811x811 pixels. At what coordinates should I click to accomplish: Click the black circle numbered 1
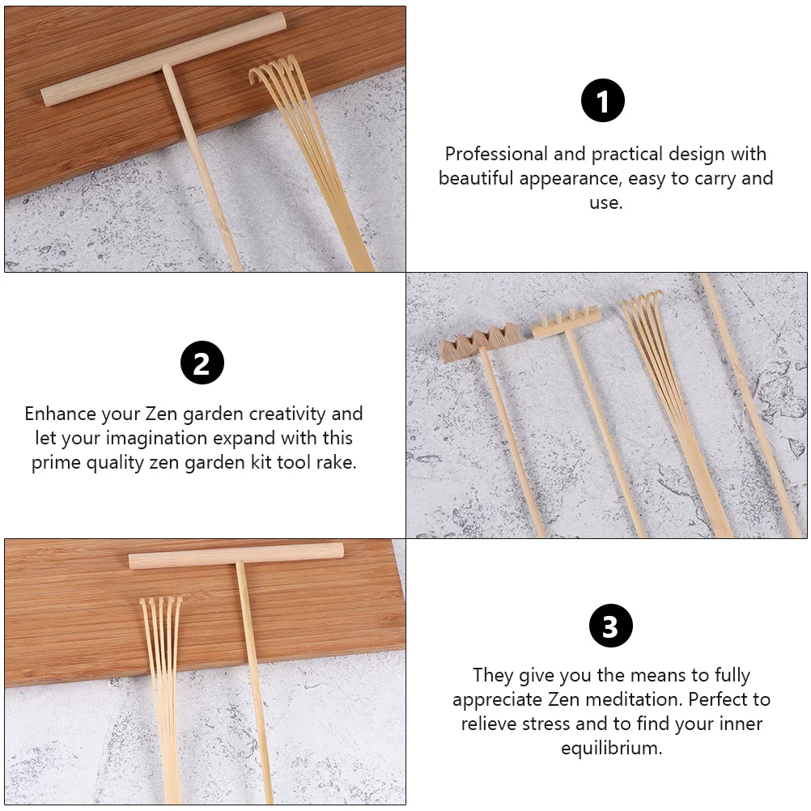pyautogui.click(x=602, y=100)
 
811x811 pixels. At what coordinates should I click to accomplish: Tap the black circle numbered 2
pyautogui.click(x=202, y=363)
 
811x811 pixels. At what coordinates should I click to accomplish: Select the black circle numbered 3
pyautogui.click(x=611, y=626)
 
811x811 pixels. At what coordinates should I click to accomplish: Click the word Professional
pyautogui.click(x=496, y=154)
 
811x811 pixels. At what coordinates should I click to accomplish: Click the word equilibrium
pyautogui.click(x=611, y=749)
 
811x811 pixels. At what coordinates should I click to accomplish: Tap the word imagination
pyautogui.click(x=156, y=439)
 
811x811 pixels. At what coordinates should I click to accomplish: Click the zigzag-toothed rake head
pyautogui.click(x=481, y=342)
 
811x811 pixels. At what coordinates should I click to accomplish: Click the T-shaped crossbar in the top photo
pyautogui.click(x=163, y=59)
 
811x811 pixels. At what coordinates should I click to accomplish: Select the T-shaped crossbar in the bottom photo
pyautogui.click(x=236, y=556)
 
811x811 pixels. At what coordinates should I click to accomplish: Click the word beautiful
pyautogui.click(x=477, y=178)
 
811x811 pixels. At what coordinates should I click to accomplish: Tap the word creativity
pyautogui.click(x=287, y=414)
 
